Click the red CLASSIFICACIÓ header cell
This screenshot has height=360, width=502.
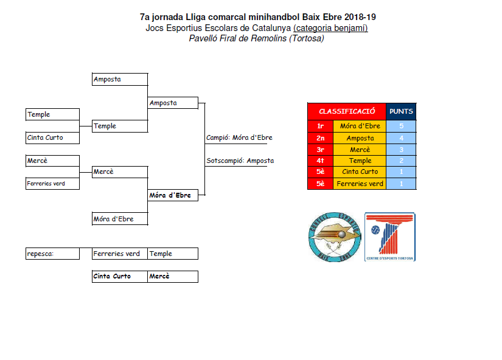(347, 111)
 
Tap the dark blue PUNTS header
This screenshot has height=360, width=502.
(401, 111)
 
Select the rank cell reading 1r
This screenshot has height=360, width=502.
(320, 126)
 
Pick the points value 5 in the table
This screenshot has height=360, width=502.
(401, 126)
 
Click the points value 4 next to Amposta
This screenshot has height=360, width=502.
(401, 138)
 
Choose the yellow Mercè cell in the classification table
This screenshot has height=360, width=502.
(360, 149)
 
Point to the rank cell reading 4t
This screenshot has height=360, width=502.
(320, 161)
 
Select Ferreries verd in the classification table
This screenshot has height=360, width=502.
(360, 184)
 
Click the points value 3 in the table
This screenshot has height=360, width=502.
(401, 149)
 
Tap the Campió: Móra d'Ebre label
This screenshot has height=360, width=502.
(239, 137)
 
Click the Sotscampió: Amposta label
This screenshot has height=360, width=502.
(240, 161)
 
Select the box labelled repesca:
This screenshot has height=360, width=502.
(52, 254)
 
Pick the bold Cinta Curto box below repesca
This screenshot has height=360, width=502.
(119, 276)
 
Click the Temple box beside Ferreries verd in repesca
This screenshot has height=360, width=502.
(173, 254)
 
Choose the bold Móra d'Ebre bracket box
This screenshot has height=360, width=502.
(173, 195)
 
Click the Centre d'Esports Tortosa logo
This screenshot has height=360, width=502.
(389, 237)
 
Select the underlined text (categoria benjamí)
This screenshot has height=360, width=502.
(330, 27)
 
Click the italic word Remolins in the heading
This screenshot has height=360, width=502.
(269, 38)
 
